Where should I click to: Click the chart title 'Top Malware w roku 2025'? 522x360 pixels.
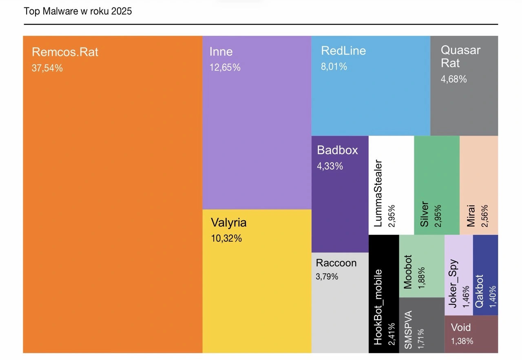click(78, 11)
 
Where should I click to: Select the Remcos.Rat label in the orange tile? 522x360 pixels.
click(65, 52)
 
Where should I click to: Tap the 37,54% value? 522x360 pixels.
click(47, 68)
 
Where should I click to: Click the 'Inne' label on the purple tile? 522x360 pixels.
click(221, 52)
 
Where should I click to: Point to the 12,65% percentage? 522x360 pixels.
click(225, 67)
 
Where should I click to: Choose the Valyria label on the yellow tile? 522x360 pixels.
click(228, 223)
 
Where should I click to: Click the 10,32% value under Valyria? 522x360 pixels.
click(226, 238)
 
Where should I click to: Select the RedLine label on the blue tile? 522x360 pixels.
click(343, 51)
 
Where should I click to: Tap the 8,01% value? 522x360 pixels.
click(334, 67)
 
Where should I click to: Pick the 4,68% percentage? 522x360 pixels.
click(453, 79)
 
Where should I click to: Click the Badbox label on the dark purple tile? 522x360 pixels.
click(337, 150)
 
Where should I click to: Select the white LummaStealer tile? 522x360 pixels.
click(391, 185)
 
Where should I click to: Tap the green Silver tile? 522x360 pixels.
click(437, 185)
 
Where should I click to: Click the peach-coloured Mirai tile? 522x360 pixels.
click(479, 185)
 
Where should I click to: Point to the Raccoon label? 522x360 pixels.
click(336, 263)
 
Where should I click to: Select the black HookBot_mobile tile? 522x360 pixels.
click(384, 294)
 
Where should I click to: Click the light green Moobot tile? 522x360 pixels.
click(421, 266)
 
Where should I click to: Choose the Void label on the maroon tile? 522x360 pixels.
click(461, 327)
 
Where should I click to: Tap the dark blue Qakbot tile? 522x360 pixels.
click(485, 275)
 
